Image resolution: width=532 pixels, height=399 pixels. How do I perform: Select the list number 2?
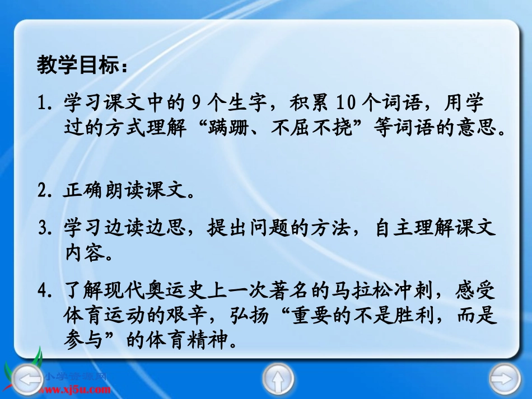pos(43,192)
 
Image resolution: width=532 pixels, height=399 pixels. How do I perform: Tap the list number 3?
pos(43,229)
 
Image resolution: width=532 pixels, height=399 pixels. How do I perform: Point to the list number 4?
pos(43,291)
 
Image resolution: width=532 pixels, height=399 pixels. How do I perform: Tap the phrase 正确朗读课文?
pos(122,192)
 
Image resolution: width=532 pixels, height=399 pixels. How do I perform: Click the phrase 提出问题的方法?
pos(271,229)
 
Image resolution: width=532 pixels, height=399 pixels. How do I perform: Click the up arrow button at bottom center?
pos(277,379)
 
